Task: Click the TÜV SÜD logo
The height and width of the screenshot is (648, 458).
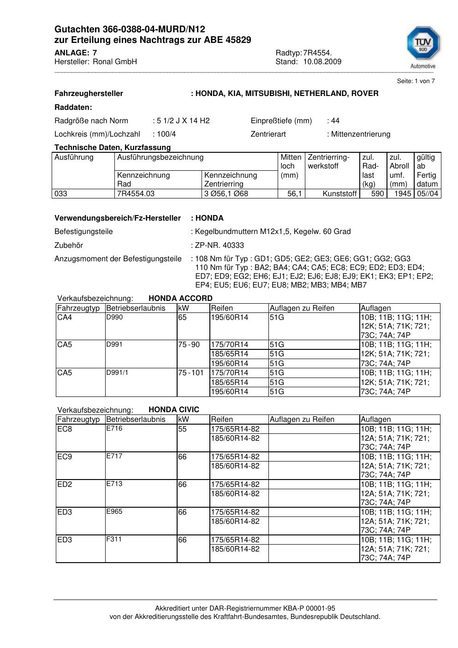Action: click(x=422, y=47)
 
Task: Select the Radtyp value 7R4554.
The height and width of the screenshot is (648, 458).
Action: click(x=317, y=53)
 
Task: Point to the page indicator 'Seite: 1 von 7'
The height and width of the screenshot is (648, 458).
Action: click(x=416, y=81)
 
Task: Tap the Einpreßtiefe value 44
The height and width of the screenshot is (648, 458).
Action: click(x=335, y=121)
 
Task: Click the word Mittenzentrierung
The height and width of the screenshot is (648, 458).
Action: click(x=360, y=134)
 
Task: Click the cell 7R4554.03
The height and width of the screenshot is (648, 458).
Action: click(x=136, y=194)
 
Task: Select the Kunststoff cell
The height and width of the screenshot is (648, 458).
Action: click(x=340, y=194)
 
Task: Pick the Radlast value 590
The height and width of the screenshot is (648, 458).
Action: click(x=377, y=194)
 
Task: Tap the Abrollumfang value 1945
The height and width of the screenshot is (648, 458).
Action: click(x=403, y=194)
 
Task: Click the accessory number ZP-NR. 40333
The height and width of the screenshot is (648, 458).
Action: click(x=220, y=246)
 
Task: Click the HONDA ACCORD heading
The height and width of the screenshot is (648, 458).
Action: click(x=180, y=299)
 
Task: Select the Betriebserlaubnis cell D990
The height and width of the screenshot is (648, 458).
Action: click(x=114, y=318)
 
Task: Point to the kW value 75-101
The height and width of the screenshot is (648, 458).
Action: click(x=190, y=373)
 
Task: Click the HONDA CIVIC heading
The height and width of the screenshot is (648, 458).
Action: click(x=174, y=410)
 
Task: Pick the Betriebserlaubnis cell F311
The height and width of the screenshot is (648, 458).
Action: click(x=114, y=539)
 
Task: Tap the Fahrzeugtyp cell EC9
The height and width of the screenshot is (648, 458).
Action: click(x=65, y=457)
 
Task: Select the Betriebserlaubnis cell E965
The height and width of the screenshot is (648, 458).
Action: click(x=114, y=511)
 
